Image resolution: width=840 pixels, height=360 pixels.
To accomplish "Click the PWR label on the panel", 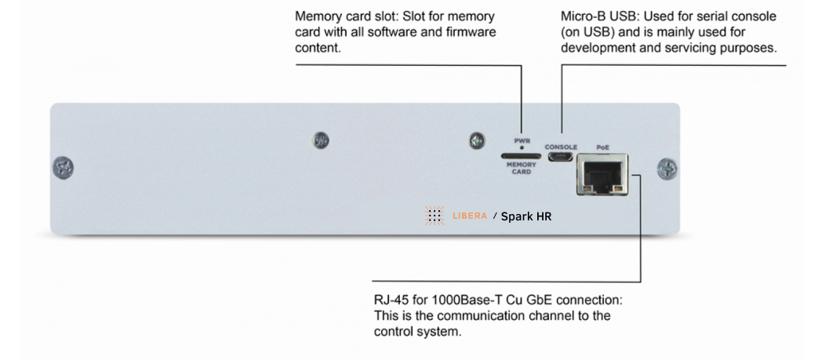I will (x=522, y=140).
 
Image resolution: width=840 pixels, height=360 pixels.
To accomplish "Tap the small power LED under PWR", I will (x=522, y=147).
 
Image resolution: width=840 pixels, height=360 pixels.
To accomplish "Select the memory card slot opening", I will (x=521, y=156).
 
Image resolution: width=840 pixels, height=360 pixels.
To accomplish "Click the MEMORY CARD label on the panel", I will (x=521, y=168).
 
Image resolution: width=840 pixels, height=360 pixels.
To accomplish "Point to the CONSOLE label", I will (x=561, y=147).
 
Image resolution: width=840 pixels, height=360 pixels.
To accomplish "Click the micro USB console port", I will (x=561, y=158).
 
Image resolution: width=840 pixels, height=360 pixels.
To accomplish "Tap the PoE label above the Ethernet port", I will (x=602, y=147).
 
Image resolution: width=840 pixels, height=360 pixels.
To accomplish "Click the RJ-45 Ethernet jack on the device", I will (x=602, y=173).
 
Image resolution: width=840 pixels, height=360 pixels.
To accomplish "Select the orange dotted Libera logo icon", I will (x=435, y=216).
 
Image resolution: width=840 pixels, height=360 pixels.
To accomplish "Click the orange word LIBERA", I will (x=471, y=216).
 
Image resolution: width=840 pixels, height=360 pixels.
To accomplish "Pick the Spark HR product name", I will (x=526, y=216).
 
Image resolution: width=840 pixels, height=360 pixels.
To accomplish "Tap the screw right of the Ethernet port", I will (x=668, y=167).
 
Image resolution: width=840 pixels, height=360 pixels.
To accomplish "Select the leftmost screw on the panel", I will (x=63, y=167).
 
